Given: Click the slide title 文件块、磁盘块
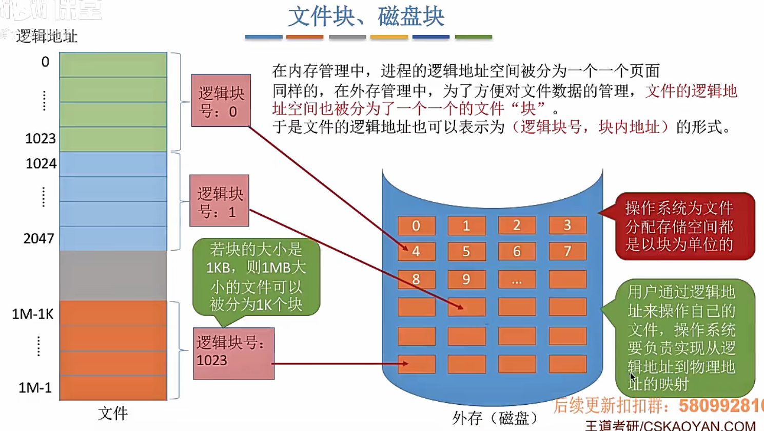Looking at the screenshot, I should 366,16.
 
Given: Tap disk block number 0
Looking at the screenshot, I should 416,226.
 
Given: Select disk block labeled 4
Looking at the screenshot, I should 416,251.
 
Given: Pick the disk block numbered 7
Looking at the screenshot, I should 567,251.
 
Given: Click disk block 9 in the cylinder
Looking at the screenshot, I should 466,279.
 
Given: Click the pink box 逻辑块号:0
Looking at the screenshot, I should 221,101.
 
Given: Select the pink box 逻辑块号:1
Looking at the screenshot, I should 219,201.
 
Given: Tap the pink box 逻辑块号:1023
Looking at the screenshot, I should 233,353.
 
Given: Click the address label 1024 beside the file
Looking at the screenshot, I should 41,164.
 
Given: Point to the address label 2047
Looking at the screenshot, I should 39,238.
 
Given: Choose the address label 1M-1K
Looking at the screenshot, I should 33,314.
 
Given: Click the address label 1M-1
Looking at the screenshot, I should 35,388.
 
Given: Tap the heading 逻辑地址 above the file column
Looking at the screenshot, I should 47,36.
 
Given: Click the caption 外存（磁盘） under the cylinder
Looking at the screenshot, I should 495,418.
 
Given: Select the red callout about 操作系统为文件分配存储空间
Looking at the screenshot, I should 684,226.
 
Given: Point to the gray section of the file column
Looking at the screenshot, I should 113,275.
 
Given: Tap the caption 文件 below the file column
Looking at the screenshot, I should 112,414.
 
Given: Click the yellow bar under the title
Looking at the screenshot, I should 389,37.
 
